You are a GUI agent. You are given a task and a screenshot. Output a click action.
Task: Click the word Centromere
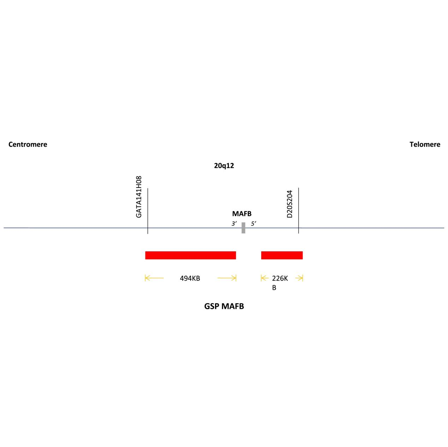point(28,144)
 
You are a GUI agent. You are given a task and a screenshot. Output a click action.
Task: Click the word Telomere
point(425,144)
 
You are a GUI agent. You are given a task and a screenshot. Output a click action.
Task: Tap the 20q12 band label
point(224,165)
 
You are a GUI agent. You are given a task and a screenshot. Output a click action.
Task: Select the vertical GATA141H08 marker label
point(139,197)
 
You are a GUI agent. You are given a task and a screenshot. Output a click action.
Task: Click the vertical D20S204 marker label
point(289,204)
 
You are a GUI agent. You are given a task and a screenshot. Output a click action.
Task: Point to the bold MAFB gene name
point(242,214)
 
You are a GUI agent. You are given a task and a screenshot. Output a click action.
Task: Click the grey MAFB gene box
point(243,228)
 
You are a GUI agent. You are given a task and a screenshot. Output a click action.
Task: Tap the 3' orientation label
point(234,223)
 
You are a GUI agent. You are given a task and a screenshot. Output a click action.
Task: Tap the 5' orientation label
point(253,223)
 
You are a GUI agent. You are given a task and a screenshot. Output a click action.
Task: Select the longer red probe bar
point(190,255)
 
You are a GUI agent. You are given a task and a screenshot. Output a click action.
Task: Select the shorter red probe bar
point(282,255)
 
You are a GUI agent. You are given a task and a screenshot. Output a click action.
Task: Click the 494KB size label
point(190,278)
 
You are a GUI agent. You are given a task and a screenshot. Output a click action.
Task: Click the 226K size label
point(280,278)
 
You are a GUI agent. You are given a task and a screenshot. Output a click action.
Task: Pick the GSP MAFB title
point(224,306)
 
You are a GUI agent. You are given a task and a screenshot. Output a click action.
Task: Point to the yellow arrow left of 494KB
point(154,278)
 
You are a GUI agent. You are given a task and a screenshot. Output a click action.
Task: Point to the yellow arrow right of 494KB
point(227,278)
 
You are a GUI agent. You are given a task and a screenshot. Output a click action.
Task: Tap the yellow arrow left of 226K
point(265,278)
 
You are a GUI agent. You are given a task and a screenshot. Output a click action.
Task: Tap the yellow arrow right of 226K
point(299,278)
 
